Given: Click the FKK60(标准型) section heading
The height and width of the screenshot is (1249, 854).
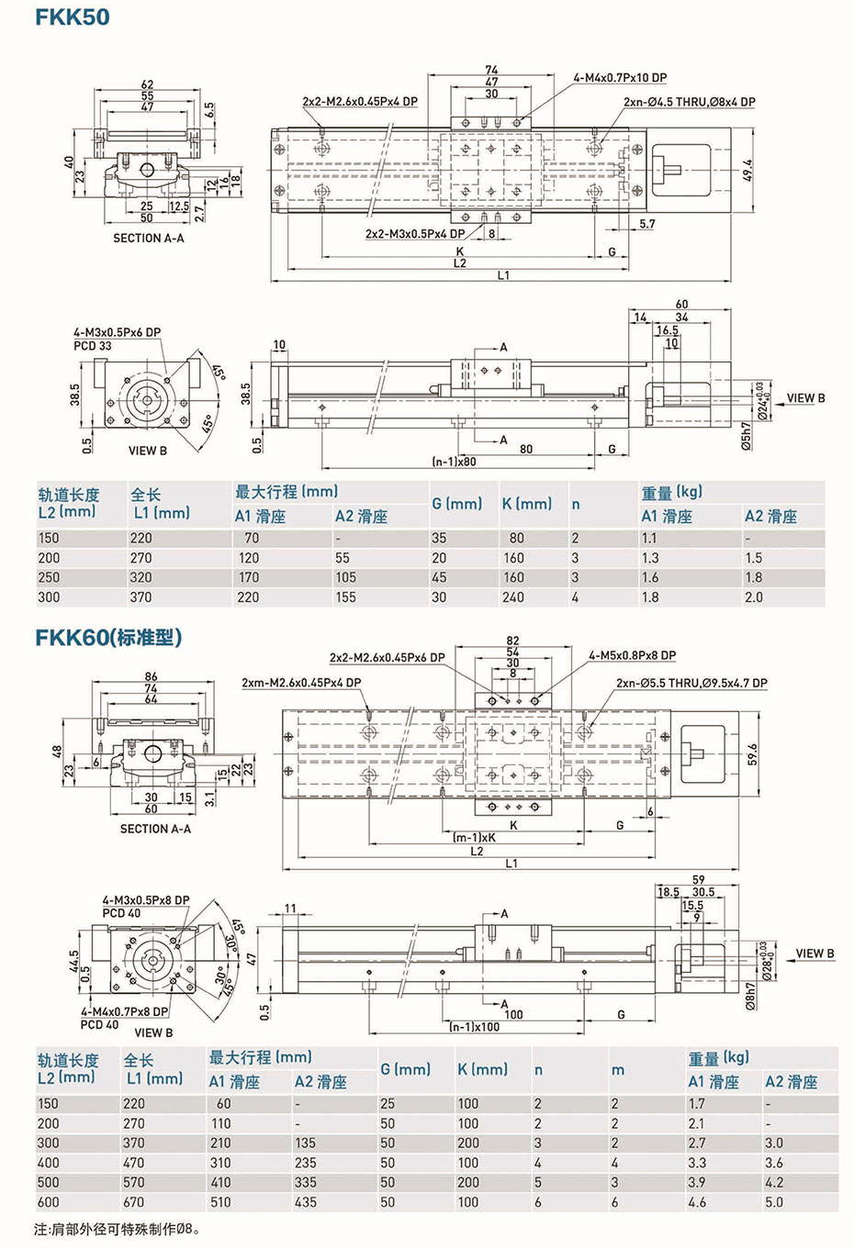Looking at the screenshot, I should point(108,636).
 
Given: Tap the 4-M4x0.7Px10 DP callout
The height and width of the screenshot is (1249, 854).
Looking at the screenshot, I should point(620,78).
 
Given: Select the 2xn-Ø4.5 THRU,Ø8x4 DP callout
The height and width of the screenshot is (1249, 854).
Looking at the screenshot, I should point(689,102).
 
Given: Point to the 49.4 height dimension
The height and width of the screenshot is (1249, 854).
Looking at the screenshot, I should point(747,172).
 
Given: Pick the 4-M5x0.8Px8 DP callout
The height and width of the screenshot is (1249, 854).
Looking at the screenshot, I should point(632,655).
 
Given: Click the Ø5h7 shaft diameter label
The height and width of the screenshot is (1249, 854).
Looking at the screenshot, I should point(746,438).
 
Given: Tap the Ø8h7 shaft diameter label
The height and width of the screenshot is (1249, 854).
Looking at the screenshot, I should point(750,996).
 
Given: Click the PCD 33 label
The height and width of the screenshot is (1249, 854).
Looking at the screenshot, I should point(93,346).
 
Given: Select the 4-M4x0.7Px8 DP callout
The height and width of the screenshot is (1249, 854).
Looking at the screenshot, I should point(124,1011).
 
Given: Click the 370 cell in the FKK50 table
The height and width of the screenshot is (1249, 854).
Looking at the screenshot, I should point(141,597).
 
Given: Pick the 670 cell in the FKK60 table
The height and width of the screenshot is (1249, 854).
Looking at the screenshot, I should point(134,1201).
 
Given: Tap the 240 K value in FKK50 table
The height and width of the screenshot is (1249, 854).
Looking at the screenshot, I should point(513,597).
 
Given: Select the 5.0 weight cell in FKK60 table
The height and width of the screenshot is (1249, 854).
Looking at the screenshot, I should point(774,1201).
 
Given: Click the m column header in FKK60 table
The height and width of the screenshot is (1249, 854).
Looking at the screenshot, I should point(617,1070).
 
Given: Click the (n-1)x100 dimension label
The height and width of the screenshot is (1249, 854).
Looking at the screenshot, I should point(474,1026).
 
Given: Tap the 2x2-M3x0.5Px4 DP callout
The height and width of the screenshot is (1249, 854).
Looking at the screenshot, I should point(415,234).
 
